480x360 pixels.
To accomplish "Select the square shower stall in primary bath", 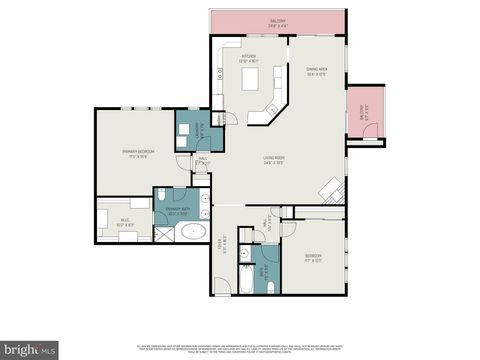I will pyautogui.click(x=162, y=233).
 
